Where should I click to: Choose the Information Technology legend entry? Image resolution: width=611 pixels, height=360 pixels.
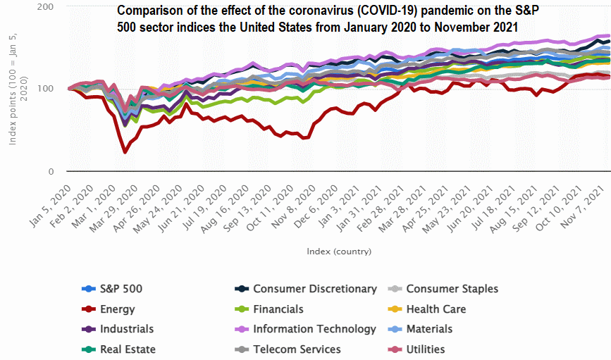point(314,328)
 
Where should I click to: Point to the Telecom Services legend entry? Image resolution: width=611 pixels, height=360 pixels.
point(297,349)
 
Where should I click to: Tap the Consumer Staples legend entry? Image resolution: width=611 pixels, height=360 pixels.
point(452,288)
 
